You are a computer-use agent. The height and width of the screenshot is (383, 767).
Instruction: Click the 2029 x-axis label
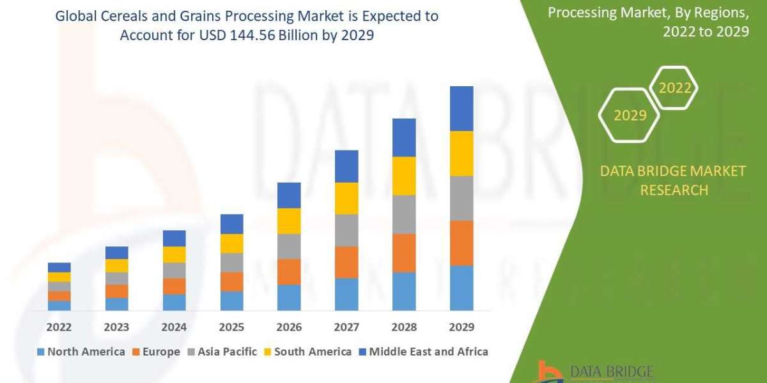(461, 327)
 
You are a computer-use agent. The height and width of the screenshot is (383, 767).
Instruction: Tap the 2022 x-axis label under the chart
(59, 327)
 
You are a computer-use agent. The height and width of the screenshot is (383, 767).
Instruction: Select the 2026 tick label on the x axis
(289, 327)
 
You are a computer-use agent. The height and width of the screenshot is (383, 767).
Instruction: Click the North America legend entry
(81, 352)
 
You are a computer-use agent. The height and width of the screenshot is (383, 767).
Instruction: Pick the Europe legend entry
(156, 352)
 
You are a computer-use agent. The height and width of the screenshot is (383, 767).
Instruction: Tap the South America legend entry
(308, 352)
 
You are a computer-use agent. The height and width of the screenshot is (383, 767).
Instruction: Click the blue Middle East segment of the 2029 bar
(461, 109)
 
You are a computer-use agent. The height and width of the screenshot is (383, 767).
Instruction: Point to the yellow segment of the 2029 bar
(461, 153)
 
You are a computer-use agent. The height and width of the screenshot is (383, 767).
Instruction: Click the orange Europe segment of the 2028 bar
(404, 253)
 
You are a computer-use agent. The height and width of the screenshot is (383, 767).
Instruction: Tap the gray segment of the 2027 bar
(346, 230)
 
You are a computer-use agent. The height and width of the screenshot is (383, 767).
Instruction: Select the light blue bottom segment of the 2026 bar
(289, 297)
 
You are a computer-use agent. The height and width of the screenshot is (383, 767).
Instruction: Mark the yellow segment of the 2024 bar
(174, 254)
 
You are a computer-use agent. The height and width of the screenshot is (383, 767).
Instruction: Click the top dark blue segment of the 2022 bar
(59, 267)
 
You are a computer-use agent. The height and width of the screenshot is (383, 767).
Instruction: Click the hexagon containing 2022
(675, 88)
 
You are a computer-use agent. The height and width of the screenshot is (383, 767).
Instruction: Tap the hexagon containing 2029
(630, 116)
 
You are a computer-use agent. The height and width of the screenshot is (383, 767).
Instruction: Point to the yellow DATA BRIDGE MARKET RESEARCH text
(674, 180)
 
